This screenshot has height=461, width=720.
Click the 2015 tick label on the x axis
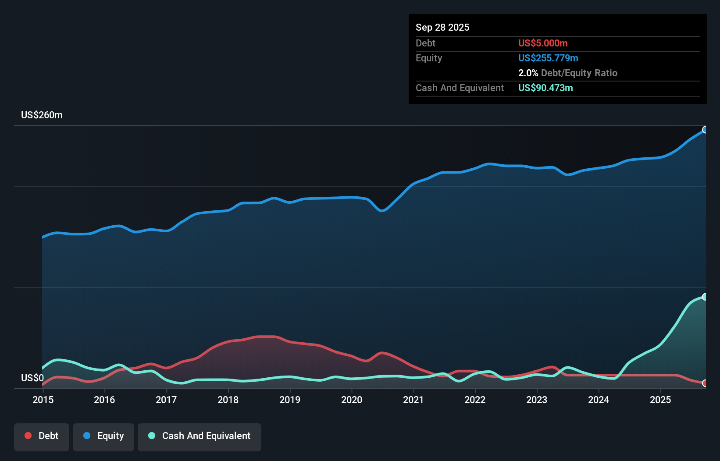[x=43, y=400]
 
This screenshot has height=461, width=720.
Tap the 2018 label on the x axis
[x=228, y=400]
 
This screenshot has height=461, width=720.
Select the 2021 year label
[x=413, y=400]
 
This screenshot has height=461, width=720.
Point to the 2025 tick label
[x=660, y=400]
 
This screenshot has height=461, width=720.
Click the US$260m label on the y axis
[x=42, y=115]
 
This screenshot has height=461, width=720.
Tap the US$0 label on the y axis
[x=32, y=378]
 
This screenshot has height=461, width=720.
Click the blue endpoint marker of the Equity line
[x=705, y=130]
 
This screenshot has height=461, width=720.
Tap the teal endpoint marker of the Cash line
[x=705, y=297]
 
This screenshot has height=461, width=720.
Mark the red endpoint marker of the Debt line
[x=705, y=383]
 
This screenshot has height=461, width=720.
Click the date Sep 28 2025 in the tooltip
[x=442, y=27]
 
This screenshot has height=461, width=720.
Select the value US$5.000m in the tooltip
[x=543, y=43]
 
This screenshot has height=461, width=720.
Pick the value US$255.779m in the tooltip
[x=548, y=58]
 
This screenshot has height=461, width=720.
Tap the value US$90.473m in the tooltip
[x=545, y=88]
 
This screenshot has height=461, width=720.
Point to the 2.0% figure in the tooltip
[x=528, y=73]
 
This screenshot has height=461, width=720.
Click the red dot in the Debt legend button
[x=28, y=436]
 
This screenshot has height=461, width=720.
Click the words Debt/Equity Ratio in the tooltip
[x=579, y=73]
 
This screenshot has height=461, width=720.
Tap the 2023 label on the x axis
[x=537, y=400]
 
